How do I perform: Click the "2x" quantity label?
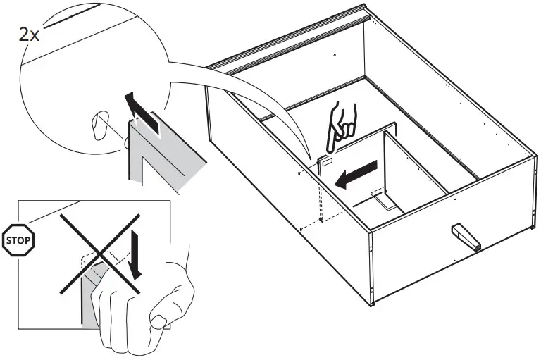coord(29,35)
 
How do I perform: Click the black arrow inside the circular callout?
coord(140,111)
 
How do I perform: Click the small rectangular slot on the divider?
coord(328,162)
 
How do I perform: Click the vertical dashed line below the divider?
coord(322,197)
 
